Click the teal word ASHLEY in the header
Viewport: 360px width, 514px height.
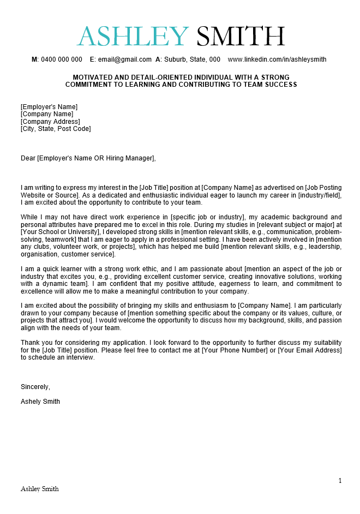[133, 37]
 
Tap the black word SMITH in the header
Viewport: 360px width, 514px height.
[241, 37]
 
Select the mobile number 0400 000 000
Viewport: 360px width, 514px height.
[61, 59]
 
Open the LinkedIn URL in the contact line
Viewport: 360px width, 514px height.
[277, 59]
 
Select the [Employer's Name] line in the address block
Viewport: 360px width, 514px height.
[49, 107]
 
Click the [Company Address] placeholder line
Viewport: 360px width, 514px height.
[50, 122]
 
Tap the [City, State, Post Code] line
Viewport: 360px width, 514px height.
[56, 129]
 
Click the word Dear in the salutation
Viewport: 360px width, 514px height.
[28, 158]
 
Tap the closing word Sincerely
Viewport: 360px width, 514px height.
[35, 387]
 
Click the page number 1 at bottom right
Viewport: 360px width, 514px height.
[340, 481]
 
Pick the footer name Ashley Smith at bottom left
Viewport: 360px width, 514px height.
[40, 489]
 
